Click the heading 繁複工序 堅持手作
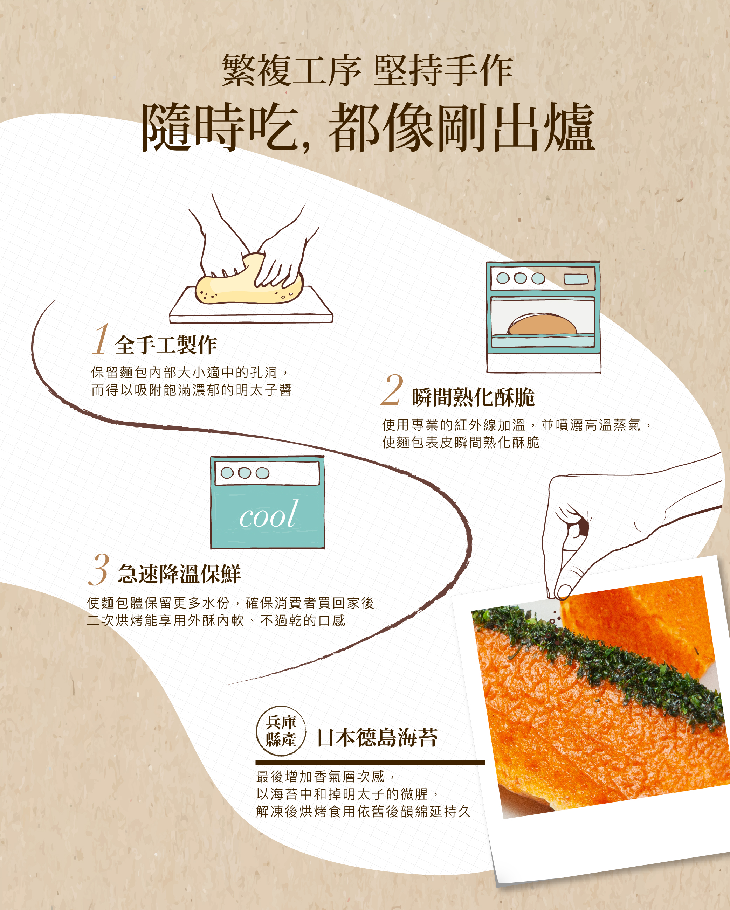point(367,70)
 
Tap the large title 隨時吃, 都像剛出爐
point(368,127)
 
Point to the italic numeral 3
point(99,569)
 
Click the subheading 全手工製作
point(166,345)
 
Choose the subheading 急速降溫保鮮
point(179,574)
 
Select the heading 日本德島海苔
point(377,737)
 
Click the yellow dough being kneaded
point(249,283)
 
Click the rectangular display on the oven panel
point(576,279)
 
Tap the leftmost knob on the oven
point(503,278)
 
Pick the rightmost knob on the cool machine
point(263,473)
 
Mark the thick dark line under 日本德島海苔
point(370,763)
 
